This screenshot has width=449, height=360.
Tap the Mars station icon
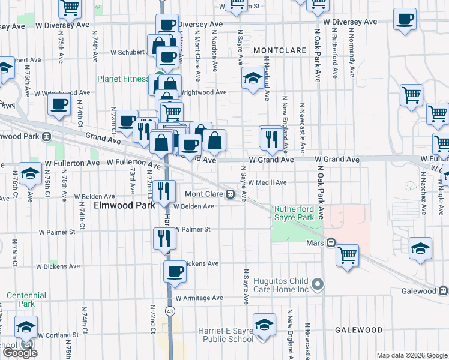pos(331,243)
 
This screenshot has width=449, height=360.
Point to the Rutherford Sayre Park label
pos(294,213)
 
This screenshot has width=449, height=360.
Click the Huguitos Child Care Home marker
pos(318,283)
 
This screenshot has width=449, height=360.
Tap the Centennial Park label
pos(26,299)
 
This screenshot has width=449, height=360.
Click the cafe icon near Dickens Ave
pos(175,272)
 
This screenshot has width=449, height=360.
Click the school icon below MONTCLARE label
pos(253,79)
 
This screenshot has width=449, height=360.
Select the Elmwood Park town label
pos(120,205)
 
